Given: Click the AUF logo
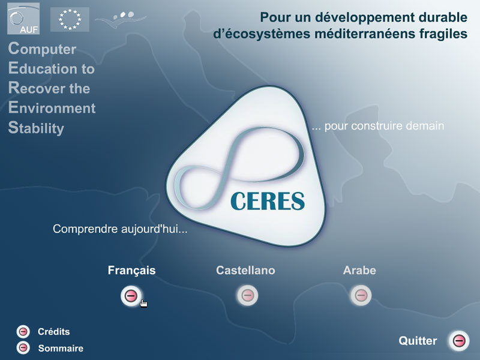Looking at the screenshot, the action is pos(23,19).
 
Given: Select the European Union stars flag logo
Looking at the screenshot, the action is pos(70,19).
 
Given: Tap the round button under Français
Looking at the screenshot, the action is pos(131,296).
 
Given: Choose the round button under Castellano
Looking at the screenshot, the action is pos(248,295).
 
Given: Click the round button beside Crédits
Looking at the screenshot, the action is pos(23,332).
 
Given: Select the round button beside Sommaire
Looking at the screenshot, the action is pos(23,348).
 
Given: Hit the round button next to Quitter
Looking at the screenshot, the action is pos(459,341).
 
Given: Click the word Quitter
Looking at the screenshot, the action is pos(418,341).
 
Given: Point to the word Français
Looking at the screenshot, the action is pos(131,271).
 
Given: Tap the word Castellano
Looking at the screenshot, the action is pos(245,271).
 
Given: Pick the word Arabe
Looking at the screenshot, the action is pos(359,271).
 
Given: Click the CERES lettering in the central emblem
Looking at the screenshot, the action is pos(268,201).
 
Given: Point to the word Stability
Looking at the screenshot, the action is pos(36,128).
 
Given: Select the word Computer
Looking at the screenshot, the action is pos(42,49).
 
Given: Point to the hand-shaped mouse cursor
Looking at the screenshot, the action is pos(143,303).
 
